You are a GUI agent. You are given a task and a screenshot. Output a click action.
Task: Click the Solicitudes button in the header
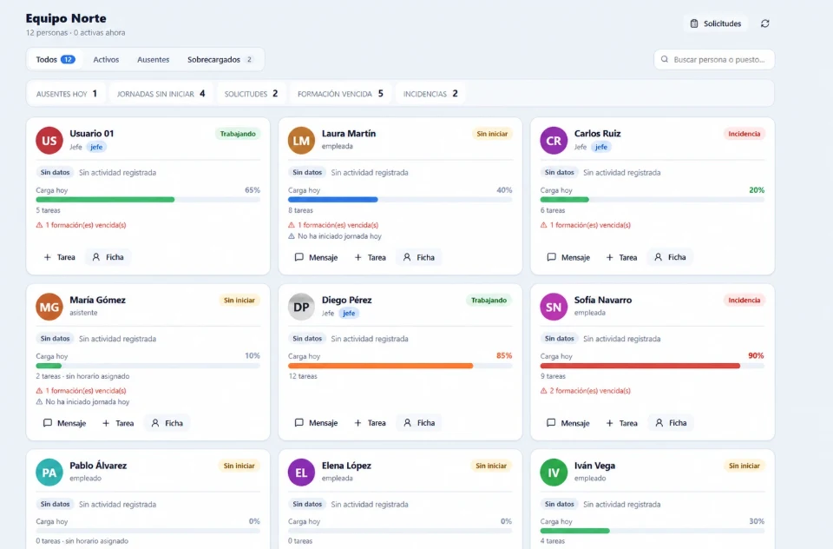716,23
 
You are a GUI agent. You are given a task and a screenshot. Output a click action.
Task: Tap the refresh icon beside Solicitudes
765,23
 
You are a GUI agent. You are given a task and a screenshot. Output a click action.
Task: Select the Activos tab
106,60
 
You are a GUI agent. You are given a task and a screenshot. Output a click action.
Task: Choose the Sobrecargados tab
220,60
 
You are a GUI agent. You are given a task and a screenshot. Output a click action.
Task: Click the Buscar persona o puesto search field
714,60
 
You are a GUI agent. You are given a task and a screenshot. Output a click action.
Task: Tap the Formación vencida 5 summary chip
340,94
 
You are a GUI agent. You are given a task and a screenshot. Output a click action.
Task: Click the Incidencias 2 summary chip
430,94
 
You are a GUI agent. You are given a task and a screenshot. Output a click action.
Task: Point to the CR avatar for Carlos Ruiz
554,141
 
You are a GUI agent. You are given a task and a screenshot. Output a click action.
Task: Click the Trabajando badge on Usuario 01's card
238,134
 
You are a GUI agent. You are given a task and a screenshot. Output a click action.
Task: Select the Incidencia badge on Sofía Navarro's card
744,300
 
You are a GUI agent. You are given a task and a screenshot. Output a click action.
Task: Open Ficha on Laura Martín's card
419,257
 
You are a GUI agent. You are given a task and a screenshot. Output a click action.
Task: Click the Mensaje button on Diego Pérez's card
317,423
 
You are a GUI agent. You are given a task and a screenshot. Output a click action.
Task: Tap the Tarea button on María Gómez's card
119,423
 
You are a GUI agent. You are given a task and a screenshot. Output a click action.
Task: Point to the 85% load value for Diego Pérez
504,355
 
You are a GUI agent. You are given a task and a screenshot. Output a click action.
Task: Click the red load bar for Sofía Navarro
640,366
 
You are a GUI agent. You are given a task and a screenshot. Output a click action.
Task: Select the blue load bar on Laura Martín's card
332,200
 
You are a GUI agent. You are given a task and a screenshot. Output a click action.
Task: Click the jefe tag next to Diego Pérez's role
349,314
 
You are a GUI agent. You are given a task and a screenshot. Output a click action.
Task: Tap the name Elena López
346,466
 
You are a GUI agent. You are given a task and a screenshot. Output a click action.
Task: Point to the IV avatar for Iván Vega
554,473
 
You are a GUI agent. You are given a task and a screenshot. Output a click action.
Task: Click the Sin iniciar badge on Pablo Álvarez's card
239,466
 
